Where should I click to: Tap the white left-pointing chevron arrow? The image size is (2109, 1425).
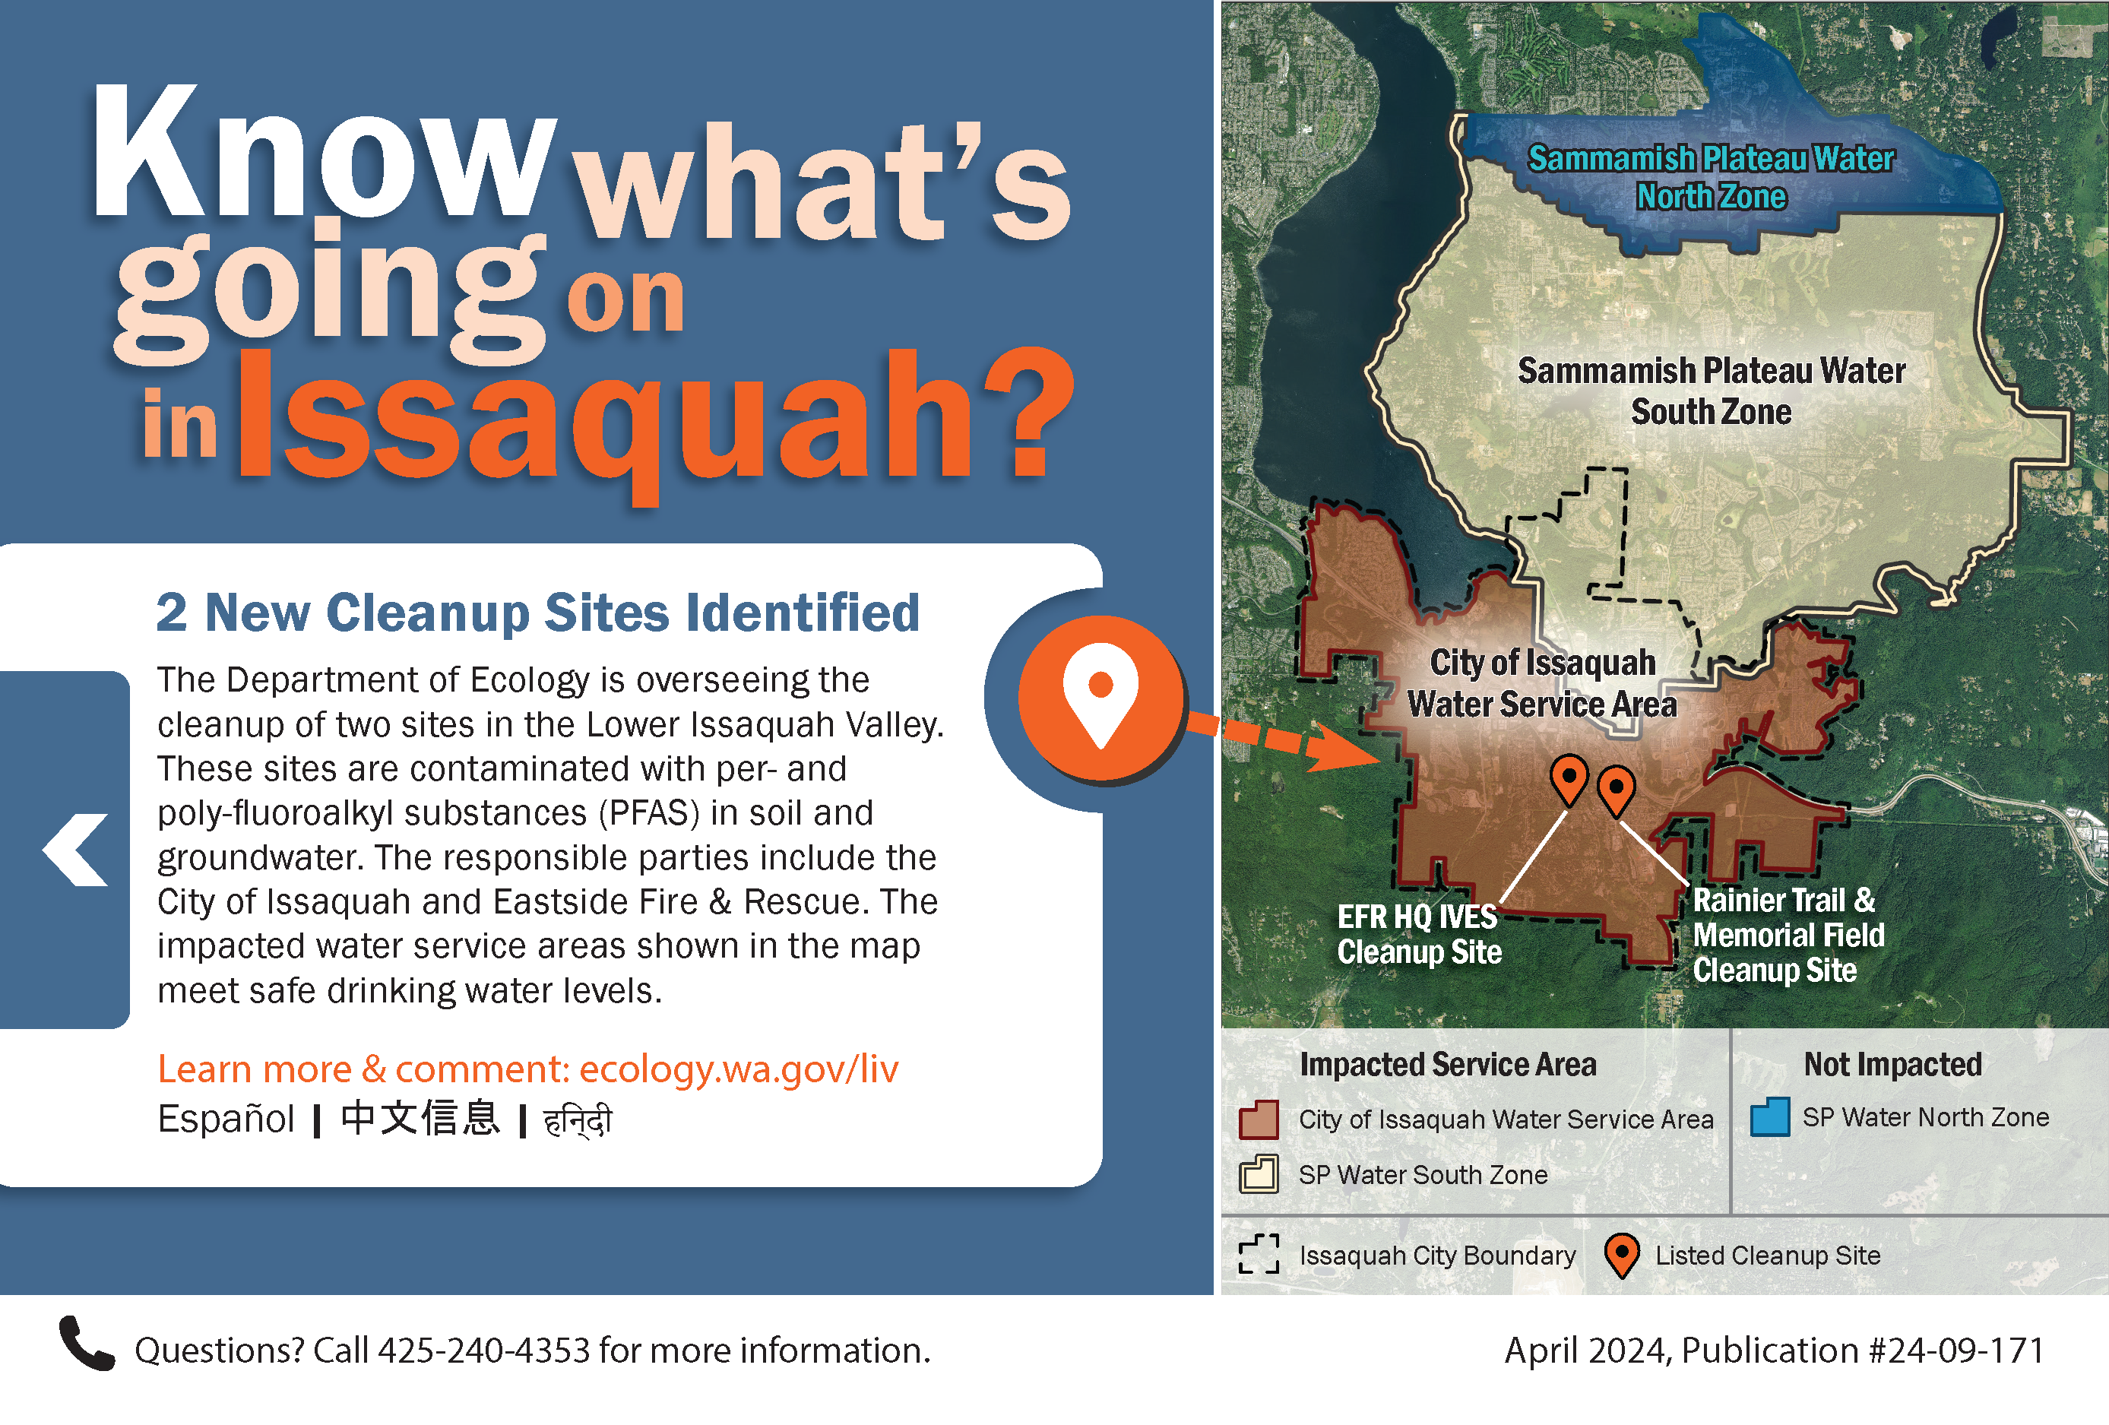point(75,850)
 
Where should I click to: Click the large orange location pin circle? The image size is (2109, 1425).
point(1100,696)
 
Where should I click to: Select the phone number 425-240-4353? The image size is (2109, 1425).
point(483,1351)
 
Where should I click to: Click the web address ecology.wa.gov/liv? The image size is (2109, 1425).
point(739,1069)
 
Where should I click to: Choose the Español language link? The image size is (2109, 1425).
point(226,1119)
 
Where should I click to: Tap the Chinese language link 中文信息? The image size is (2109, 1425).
point(420,1118)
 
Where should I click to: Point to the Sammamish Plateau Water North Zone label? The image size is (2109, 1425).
point(1712,177)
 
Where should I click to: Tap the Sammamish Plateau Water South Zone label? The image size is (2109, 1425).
point(1712,391)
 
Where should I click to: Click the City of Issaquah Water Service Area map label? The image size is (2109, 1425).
point(1543,683)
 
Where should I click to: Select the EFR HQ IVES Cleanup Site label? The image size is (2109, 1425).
point(1420,935)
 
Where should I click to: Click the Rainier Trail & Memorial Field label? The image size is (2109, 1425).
point(1788,935)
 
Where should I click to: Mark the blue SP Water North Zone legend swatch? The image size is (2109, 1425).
point(1769,1116)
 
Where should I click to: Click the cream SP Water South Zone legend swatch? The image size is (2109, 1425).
point(1259,1173)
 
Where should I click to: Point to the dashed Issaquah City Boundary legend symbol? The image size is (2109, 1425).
point(1259,1254)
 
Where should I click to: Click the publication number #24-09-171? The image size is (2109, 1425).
point(1955,1351)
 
